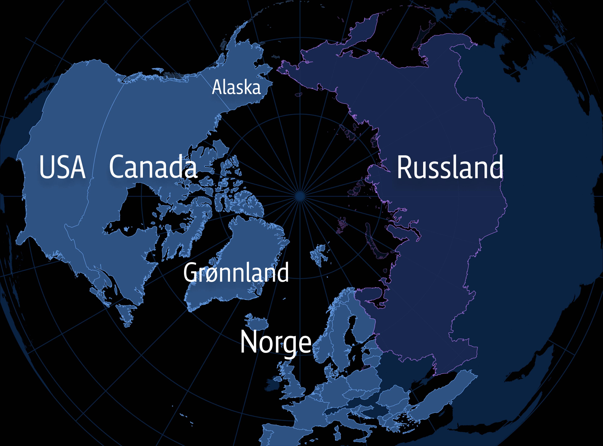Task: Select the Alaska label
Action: (236, 87)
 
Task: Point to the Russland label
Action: (450, 167)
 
